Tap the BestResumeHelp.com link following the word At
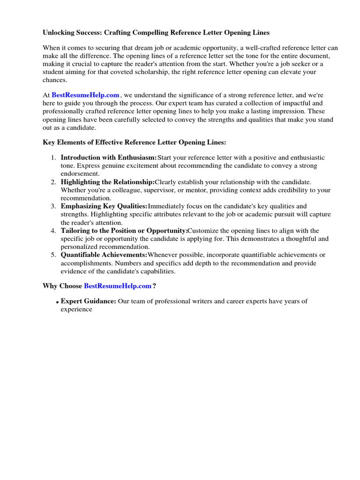tap(85, 95)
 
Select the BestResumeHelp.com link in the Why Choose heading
tap(118, 286)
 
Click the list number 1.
tap(53, 158)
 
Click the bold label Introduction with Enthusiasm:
tap(109, 158)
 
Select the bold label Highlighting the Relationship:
tap(107, 182)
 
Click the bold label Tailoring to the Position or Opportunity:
tap(124, 231)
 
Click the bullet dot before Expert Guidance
tap(58, 303)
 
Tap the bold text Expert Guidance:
tap(89, 301)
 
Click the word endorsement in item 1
tap(80, 174)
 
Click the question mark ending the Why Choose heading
tap(154, 286)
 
